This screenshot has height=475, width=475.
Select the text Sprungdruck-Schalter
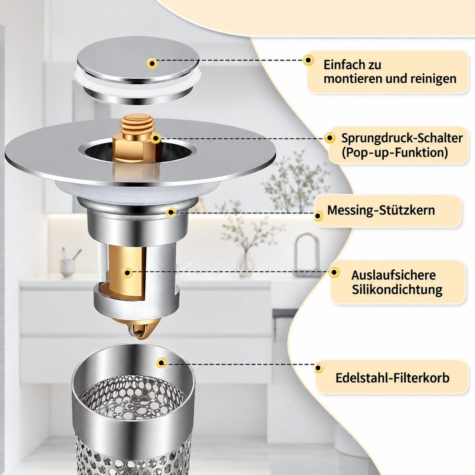[402, 138]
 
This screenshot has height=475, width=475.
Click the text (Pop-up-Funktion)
[395, 152]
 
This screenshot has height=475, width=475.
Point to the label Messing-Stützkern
[381, 210]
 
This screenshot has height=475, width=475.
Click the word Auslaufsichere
[393, 275]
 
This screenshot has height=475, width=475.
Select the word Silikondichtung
[397, 290]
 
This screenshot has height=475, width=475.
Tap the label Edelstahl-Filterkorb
[392, 378]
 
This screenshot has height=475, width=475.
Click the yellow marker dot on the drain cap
[152, 64]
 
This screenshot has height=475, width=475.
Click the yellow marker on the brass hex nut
[156, 138]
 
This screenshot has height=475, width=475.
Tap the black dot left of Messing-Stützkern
[318, 216]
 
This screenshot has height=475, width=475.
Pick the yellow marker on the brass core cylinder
[127, 273]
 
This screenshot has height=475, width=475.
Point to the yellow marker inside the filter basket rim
[161, 363]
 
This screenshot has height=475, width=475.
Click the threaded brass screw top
[137, 124]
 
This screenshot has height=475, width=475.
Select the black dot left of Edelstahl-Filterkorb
[318, 368]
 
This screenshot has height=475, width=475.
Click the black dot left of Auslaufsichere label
[334, 272]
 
